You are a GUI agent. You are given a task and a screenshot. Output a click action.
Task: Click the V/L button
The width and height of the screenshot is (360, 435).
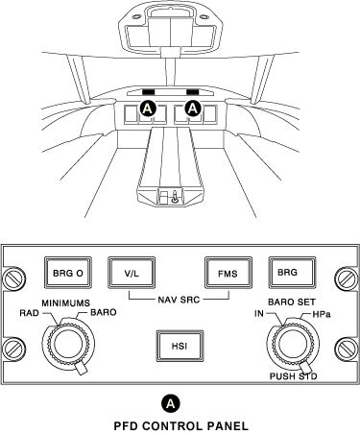[132, 273]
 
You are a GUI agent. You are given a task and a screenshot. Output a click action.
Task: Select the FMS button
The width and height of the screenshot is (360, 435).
[228, 273]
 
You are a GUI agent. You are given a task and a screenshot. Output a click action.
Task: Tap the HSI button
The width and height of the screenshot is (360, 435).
[180, 346]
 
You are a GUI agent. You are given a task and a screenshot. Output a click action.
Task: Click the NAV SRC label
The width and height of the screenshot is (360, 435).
[179, 300]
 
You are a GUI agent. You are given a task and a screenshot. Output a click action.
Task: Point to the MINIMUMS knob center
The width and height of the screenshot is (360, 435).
[68, 344]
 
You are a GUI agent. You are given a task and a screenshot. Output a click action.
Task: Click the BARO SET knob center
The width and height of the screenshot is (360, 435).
[292, 344]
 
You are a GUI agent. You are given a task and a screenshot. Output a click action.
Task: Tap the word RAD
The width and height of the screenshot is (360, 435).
[30, 313]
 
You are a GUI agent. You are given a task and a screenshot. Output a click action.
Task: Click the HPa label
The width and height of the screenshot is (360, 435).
[322, 315]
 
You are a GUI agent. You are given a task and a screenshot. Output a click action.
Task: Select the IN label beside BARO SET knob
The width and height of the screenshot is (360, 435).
[259, 314]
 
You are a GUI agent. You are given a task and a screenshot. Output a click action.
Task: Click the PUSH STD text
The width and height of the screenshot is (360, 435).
[293, 376]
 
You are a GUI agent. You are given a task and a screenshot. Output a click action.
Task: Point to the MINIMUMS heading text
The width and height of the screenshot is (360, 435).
[66, 302]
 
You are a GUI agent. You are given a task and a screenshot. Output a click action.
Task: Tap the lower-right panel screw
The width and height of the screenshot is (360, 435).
[347, 349]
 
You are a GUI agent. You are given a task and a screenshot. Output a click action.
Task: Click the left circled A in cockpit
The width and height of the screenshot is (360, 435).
[148, 109]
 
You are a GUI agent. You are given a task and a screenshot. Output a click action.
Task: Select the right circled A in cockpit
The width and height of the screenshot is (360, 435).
[192, 109]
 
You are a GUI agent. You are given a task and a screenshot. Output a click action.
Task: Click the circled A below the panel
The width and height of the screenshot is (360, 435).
[171, 403]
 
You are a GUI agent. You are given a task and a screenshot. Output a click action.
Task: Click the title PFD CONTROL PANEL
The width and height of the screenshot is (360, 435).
[180, 426]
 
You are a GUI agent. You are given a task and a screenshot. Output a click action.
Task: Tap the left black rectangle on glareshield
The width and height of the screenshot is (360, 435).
[149, 92]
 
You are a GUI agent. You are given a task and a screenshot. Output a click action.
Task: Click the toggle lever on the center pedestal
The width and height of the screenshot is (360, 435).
[176, 197]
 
